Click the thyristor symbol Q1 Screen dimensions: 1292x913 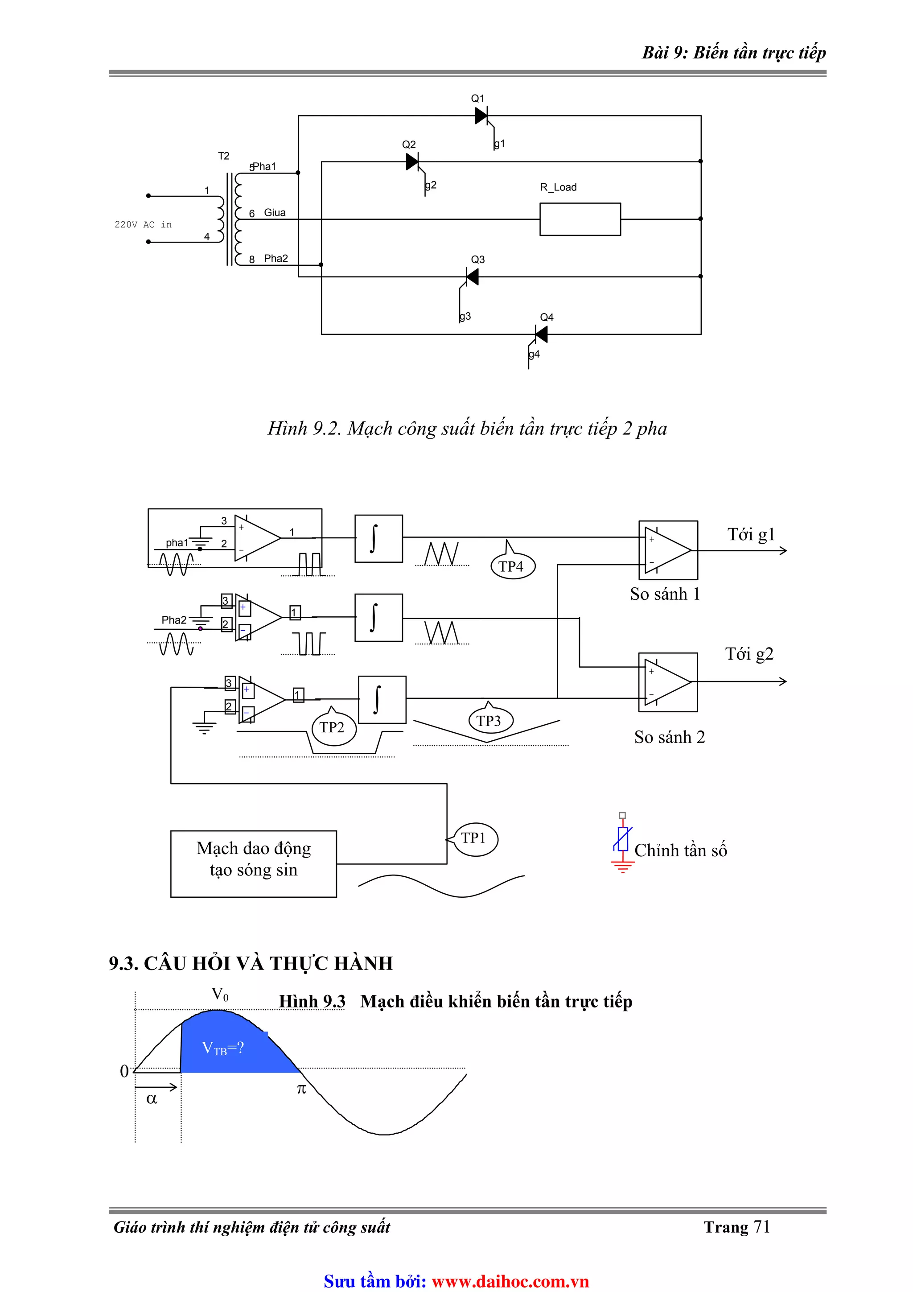point(481,116)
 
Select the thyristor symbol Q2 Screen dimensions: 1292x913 point(412,162)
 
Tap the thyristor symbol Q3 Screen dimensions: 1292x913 point(472,277)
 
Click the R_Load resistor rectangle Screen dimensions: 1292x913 point(580,219)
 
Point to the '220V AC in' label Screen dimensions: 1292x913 point(143,224)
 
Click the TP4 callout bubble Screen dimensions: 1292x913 point(512,566)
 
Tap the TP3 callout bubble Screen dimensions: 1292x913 point(489,721)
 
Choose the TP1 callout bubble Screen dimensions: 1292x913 point(475,838)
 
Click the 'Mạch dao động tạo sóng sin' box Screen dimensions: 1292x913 point(253,863)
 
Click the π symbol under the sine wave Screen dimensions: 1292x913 point(301,1090)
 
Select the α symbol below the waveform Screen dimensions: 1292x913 point(151,1099)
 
